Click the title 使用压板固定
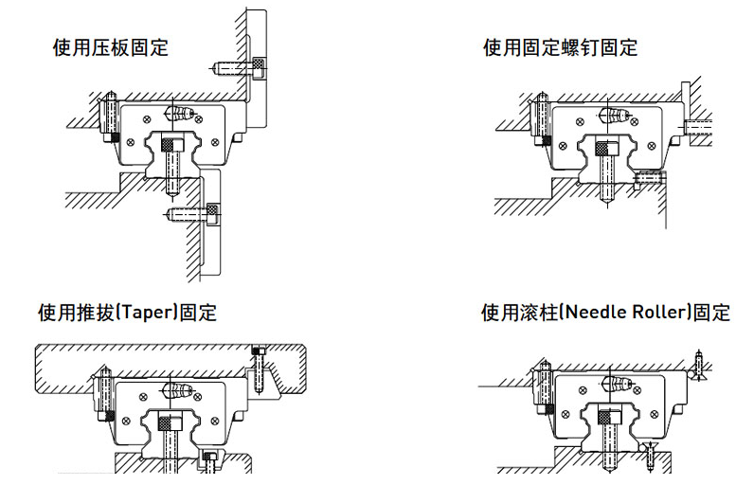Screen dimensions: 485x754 point(110,47)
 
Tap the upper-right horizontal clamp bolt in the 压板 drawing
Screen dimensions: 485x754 point(236,65)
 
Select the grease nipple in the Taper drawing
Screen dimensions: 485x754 point(179,389)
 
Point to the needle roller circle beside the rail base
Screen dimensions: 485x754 point(643,446)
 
